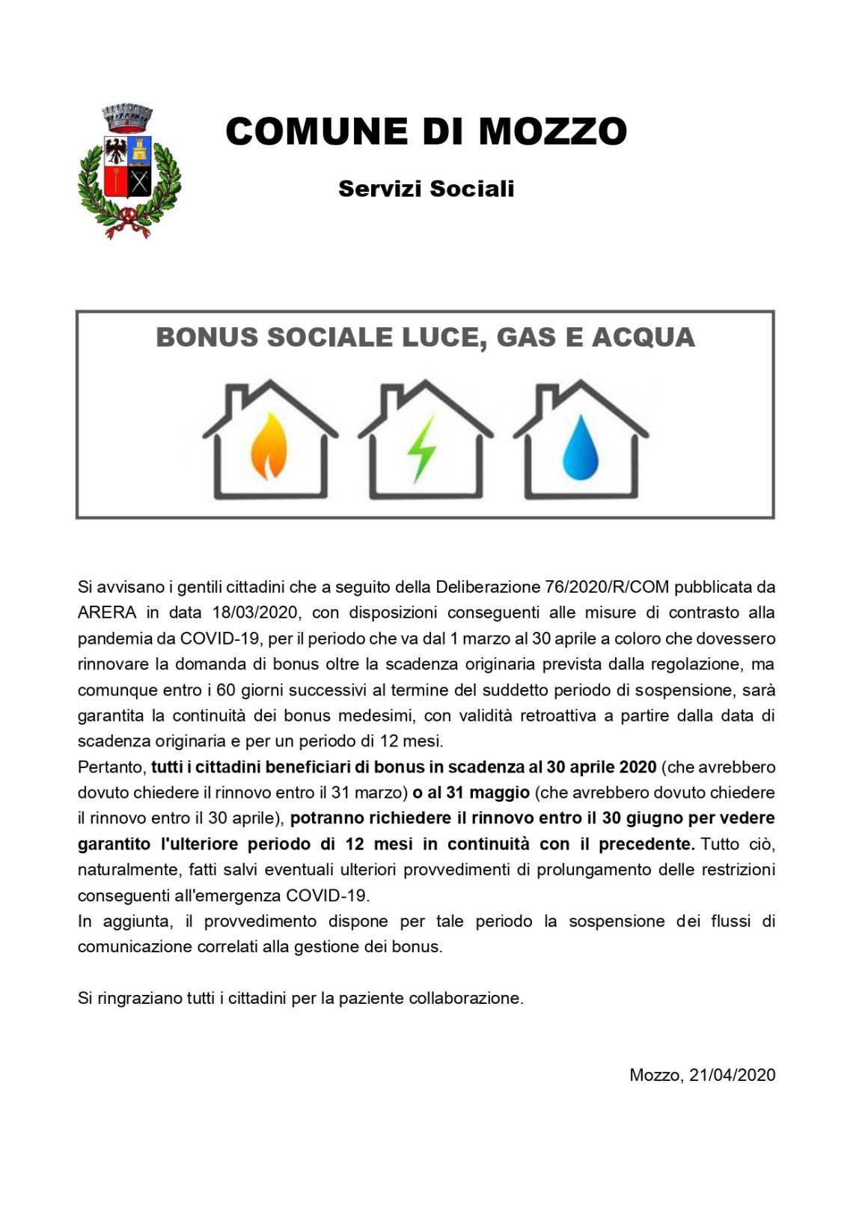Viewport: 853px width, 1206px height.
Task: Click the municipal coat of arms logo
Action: click(x=129, y=172)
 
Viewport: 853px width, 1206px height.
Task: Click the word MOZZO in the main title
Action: click(x=552, y=132)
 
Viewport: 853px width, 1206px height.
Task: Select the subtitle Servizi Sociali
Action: click(x=426, y=189)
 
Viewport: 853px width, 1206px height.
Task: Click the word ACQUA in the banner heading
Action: click(x=643, y=338)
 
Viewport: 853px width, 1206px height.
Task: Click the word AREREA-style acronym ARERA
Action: click(x=107, y=612)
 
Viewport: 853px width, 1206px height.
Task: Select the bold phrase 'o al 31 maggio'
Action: click(x=471, y=793)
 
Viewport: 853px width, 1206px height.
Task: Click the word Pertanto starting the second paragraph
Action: click(x=110, y=767)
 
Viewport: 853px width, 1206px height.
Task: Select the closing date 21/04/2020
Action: click(x=732, y=1076)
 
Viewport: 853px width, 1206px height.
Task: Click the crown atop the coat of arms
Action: click(x=127, y=115)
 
